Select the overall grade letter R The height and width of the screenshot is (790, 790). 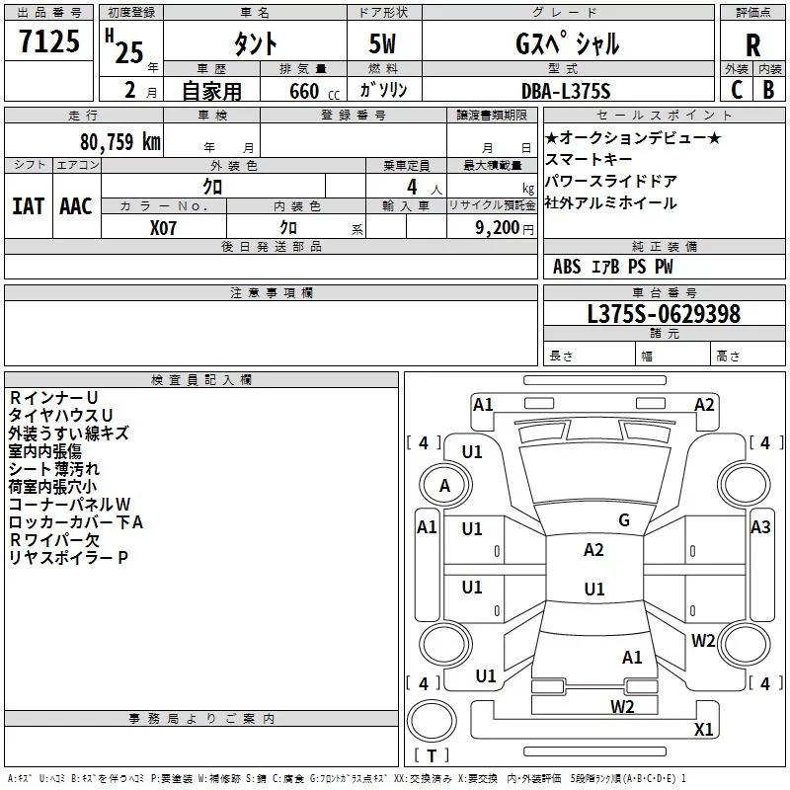tap(752, 45)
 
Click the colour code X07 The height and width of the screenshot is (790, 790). tap(164, 227)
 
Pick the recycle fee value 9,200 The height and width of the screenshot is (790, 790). tap(494, 227)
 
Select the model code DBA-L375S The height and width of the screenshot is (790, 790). tap(566, 91)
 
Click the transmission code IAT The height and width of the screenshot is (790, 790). tap(28, 206)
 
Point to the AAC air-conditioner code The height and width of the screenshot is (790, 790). tap(76, 206)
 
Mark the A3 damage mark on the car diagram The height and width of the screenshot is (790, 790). tap(760, 527)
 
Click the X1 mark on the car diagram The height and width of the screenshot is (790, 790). tap(704, 730)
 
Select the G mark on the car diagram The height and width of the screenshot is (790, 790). tap(624, 520)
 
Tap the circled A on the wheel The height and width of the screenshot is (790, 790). tap(444, 486)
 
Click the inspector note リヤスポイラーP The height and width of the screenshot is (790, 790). tap(68, 558)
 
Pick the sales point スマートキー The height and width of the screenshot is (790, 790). tap(589, 159)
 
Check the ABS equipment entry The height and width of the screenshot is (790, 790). tap(567, 267)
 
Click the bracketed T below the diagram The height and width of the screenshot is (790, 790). tap(430, 756)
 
